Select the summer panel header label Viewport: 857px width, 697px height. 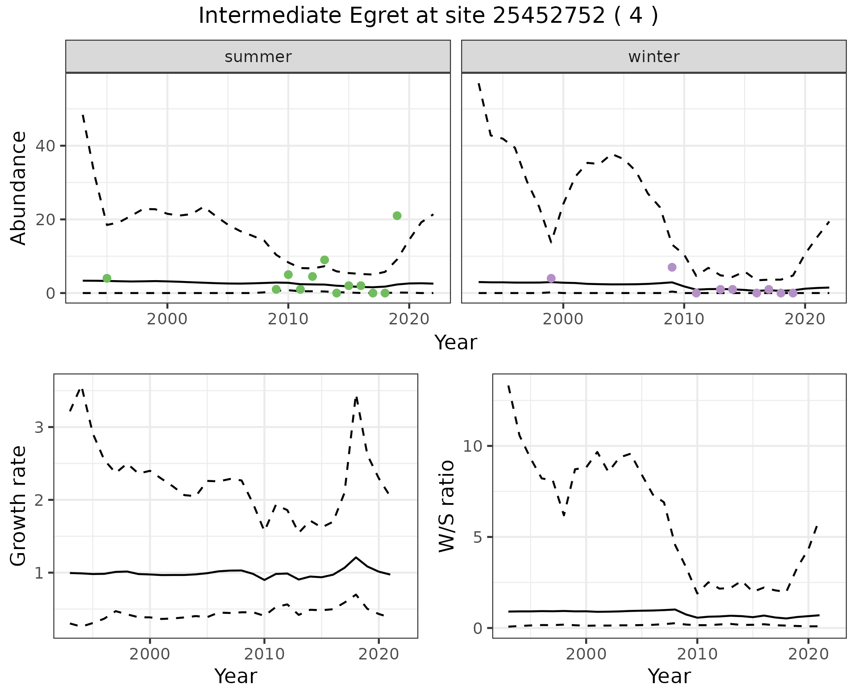click(x=258, y=57)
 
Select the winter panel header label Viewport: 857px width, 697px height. click(x=653, y=57)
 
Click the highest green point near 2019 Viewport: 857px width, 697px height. click(x=397, y=216)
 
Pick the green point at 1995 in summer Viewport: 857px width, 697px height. click(x=107, y=278)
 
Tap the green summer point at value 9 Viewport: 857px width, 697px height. click(x=324, y=260)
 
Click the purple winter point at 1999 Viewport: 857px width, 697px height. click(x=551, y=278)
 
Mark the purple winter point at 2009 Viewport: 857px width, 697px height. click(x=672, y=267)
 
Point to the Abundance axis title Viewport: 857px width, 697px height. click(x=19, y=188)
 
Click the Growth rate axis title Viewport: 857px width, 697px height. click(x=19, y=506)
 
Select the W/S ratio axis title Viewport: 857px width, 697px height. click(x=447, y=506)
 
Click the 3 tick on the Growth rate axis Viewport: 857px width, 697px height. click(x=39, y=428)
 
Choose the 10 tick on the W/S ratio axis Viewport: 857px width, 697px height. click(x=474, y=446)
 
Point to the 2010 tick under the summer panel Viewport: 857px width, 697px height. click(x=288, y=319)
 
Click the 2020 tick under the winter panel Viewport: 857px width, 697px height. click(x=805, y=319)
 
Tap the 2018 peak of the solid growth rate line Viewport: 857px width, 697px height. click(x=356, y=557)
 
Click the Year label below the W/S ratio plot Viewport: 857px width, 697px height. click(x=669, y=676)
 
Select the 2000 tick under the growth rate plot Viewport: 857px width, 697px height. click(x=150, y=655)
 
